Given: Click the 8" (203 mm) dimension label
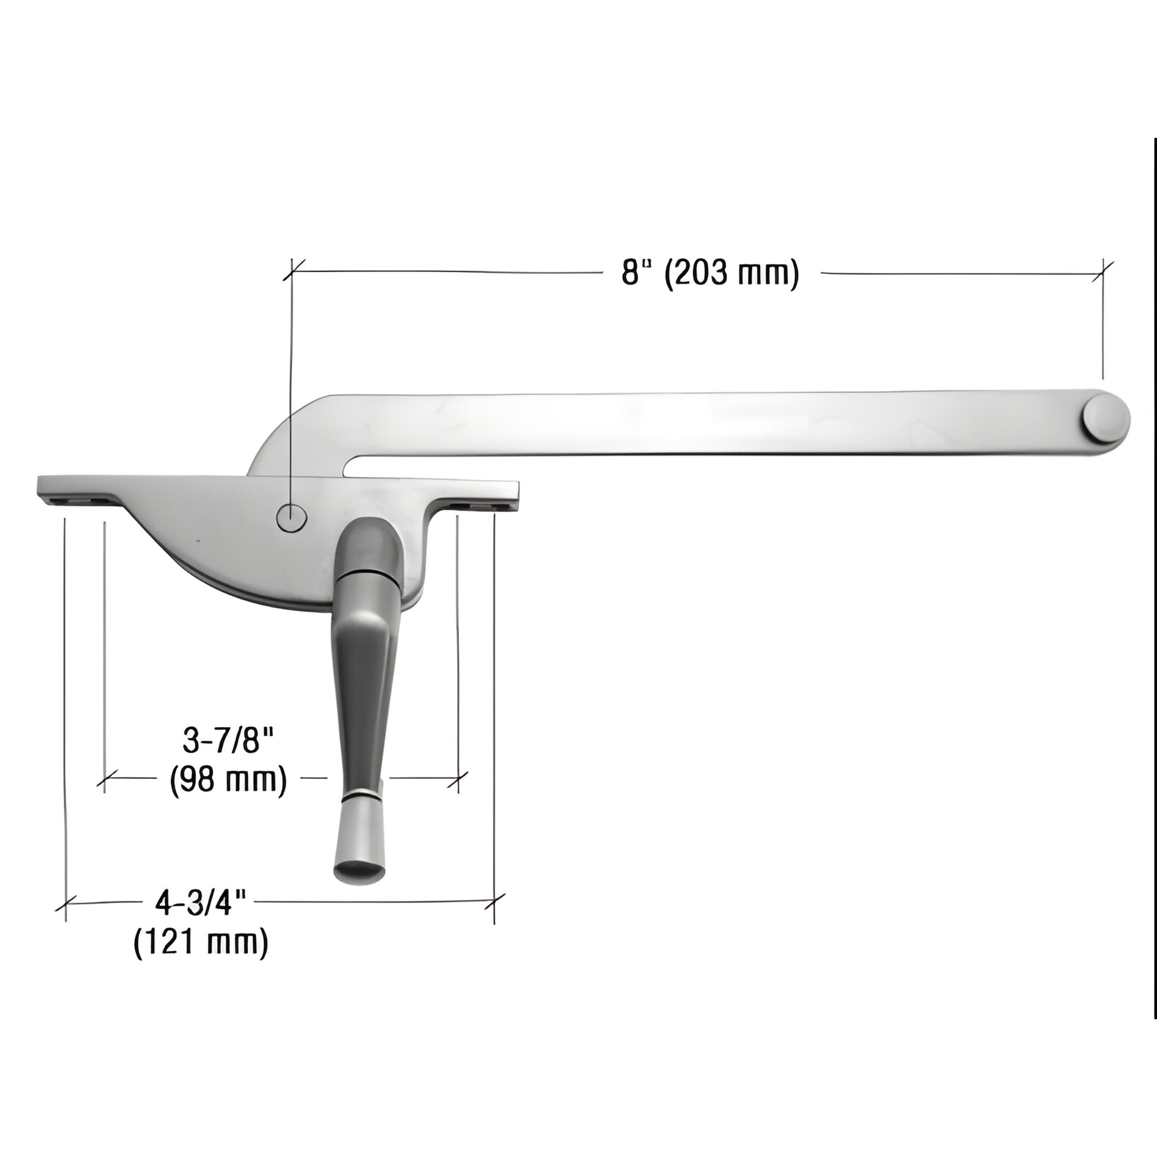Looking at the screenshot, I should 710,273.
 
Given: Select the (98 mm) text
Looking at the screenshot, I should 228,780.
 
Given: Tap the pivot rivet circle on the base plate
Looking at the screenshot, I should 291,516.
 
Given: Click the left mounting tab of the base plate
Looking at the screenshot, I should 78,491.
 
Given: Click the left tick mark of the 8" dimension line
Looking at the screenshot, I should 292,270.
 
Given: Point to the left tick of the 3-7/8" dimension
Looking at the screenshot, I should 105,778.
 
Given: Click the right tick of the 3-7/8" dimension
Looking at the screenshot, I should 458,778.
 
